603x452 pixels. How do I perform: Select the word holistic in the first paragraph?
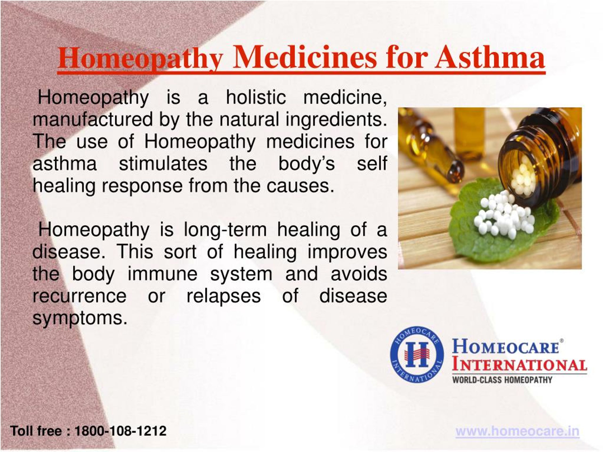click(x=256, y=98)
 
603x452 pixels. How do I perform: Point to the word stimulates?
click(x=163, y=164)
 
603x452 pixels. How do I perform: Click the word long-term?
click(x=225, y=230)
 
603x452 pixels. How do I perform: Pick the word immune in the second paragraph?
click(x=163, y=274)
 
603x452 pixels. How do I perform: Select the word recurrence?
click(x=79, y=296)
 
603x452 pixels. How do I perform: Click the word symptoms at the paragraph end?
click(x=80, y=318)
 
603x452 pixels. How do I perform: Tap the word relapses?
click(x=223, y=296)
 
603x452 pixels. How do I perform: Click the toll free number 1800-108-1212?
click(x=120, y=431)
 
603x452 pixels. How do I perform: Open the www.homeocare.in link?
click(x=517, y=432)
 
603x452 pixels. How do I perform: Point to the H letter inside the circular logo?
click(x=416, y=354)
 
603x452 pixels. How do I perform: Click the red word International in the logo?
click(x=519, y=365)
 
